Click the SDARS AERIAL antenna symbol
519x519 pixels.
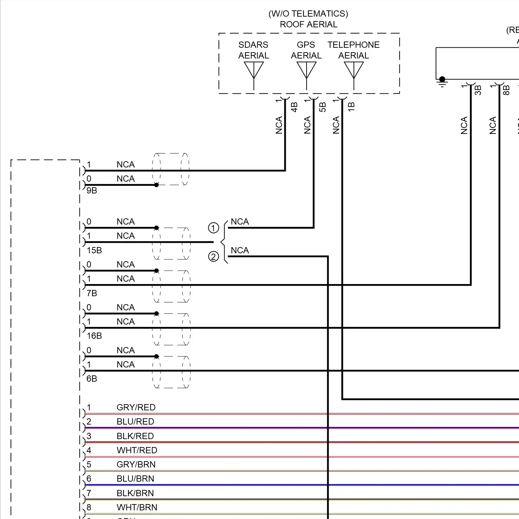254,71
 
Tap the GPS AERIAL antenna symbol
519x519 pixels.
306,71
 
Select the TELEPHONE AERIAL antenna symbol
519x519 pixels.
354,71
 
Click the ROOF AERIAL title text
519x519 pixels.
308,25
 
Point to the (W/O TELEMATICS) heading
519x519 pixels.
308,14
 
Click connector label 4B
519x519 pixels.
294,107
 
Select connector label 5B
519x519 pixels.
322,107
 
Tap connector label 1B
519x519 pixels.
351,107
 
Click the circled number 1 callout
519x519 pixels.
213,228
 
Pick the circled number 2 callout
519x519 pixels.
213,257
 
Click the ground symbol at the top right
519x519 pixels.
442,82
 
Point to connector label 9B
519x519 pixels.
92,191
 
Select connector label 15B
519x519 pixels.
94,251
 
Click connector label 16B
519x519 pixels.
94,336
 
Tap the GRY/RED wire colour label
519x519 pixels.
136,408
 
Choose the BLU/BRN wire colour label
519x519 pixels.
135,479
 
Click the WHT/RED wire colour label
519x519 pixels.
137,450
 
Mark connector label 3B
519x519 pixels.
478,90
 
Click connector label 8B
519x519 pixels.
506,90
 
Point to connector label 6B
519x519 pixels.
92,379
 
